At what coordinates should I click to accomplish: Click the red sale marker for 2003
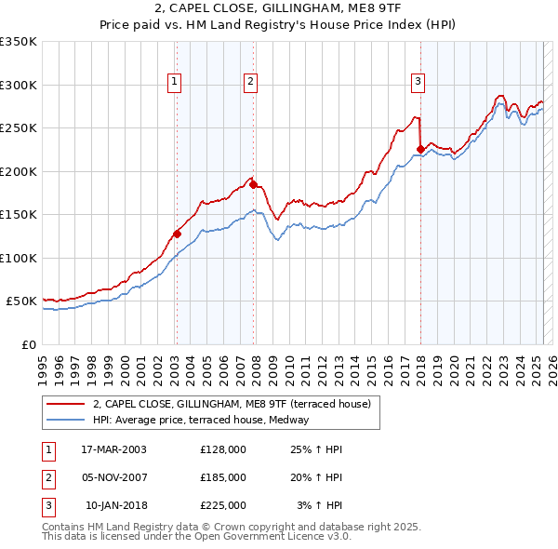pos(177,234)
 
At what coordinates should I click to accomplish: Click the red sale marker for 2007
pos(253,184)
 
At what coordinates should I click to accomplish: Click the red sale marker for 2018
pos(420,149)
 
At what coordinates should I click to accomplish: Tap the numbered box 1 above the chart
pos(175,82)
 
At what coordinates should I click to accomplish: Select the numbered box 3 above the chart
pos(418,82)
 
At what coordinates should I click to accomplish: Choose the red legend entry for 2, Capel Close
pos(232,404)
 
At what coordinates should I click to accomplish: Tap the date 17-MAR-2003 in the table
pos(113,449)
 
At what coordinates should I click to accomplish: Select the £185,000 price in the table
pos(223,477)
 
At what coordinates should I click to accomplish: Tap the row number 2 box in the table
pos(47,477)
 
